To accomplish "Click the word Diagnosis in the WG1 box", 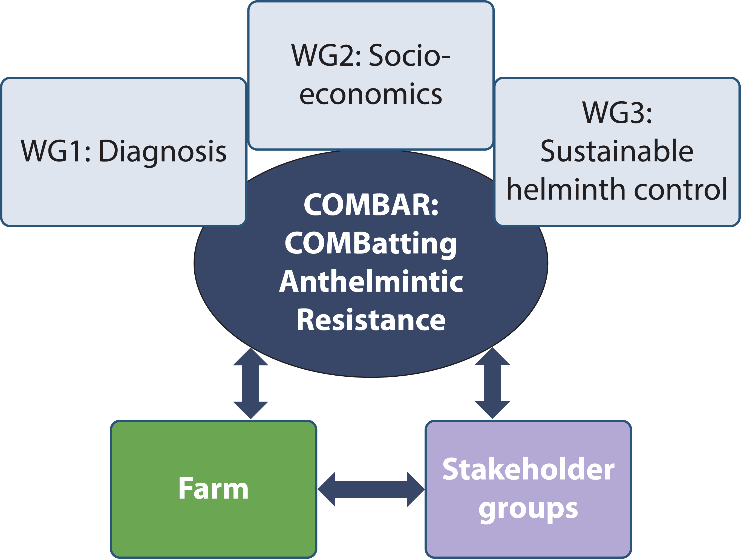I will coord(163,151).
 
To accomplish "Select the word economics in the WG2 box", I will coord(371,94).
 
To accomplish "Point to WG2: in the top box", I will coord(326,55).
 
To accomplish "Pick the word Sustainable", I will coord(617,151).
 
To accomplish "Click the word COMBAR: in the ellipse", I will coord(371,205).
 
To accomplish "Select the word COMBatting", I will coord(371,243).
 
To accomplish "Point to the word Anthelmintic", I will coord(371,282).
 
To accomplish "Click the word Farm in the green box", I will coord(214,489).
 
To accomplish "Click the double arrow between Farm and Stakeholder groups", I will coord(371,489).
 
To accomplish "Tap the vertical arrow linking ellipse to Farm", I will coord(250,384).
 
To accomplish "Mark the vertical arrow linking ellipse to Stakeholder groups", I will coord(492,384).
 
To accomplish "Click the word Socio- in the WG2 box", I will coord(410,55).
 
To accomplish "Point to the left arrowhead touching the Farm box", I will coord(327,489).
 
